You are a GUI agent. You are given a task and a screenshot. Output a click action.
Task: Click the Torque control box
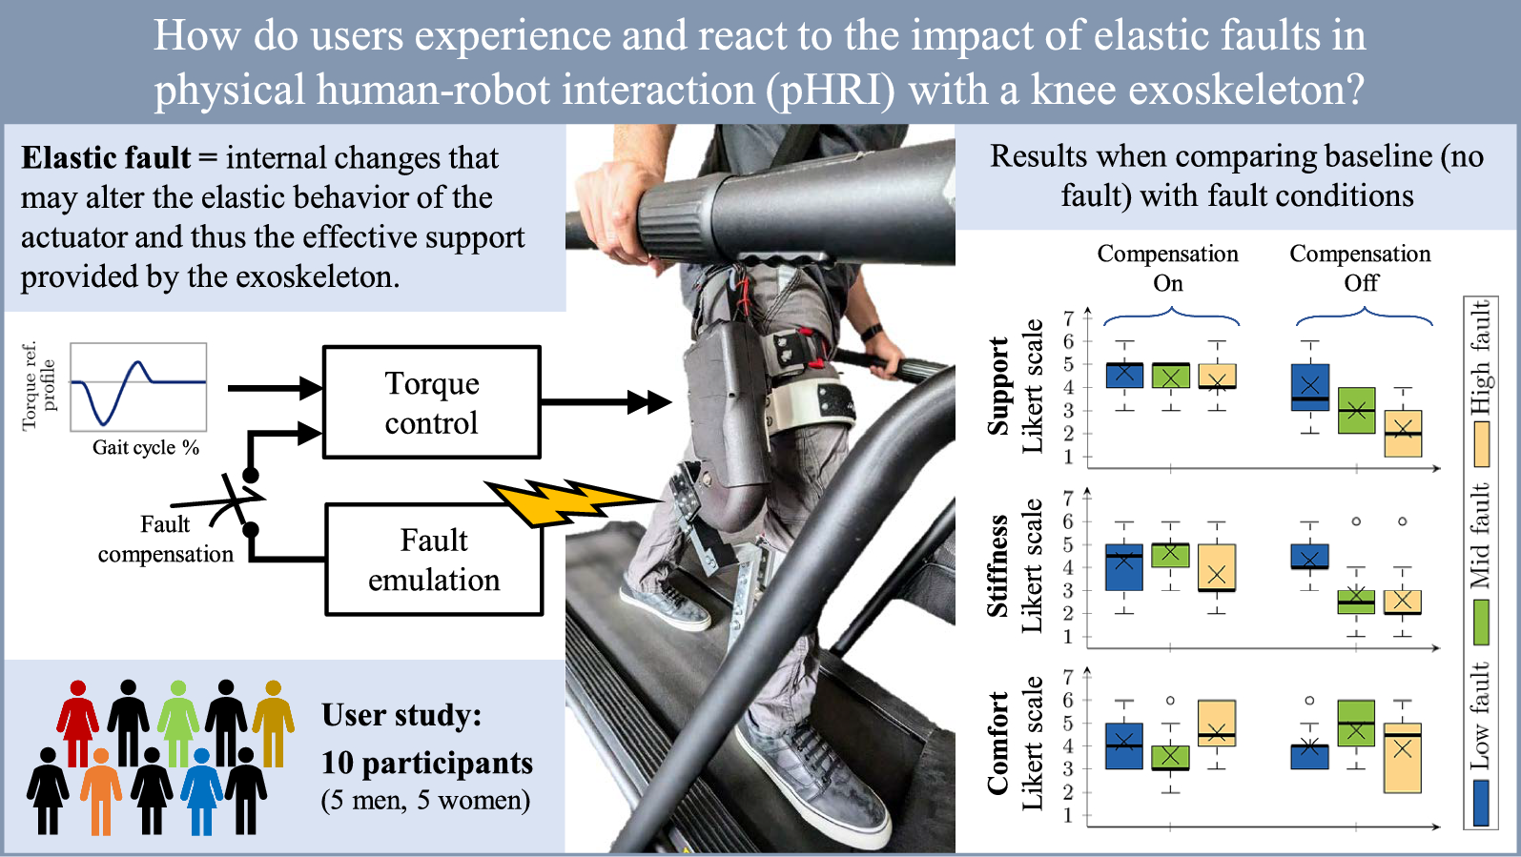pos(432,402)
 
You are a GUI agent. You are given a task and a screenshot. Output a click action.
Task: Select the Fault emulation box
pos(434,560)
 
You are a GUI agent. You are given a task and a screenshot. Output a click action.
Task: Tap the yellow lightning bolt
pos(569,502)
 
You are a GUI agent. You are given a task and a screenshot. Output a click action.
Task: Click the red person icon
pos(78,723)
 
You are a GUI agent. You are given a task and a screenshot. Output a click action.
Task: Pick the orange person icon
pos(101,790)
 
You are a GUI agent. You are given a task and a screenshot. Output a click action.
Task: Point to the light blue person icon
pos(201,790)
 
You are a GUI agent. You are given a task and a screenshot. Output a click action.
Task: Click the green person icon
pos(178,723)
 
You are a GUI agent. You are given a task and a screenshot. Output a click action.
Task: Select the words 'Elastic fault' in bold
pos(106,158)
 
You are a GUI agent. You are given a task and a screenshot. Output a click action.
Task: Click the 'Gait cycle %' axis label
pos(146,447)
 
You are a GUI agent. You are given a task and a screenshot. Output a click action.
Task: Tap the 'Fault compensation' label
pos(166,539)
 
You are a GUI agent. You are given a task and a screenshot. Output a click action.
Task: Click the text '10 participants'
pos(427,763)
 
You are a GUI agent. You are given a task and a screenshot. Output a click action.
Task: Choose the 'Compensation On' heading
pos(1168,268)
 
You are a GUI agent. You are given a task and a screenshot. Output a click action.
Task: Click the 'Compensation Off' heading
pos(1360,268)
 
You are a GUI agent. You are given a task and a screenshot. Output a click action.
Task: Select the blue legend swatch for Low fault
pos(1481,803)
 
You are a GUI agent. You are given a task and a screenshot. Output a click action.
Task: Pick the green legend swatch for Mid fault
pos(1481,622)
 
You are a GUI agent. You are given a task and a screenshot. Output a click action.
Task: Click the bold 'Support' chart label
pos(997,386)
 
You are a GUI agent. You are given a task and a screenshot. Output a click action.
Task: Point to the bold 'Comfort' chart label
pos(997,744)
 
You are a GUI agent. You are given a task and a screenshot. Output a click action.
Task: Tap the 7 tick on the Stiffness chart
pos(1068,499)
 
